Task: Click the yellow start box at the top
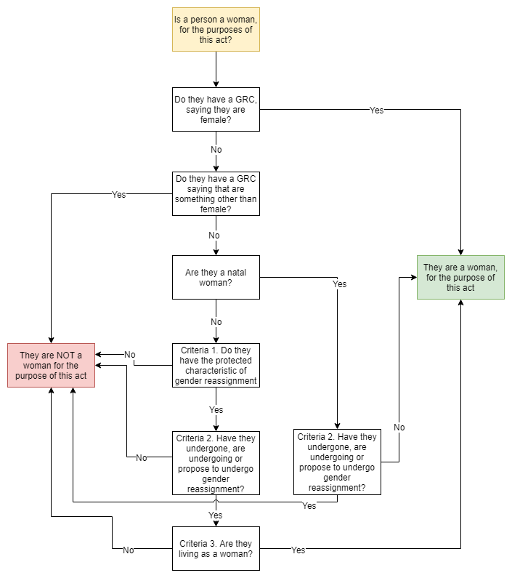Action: (216, 29)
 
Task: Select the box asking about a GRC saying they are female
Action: (216, 109)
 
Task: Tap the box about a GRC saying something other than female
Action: (216, 193)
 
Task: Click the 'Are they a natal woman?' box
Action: (216, 277)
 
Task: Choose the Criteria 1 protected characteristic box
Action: (216, 365)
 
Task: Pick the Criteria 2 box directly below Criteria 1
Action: (216, 462)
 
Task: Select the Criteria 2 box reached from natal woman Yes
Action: (337, 462)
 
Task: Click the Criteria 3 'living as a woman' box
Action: (216, 548)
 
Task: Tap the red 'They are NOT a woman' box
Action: (52, 365)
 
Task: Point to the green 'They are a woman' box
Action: (460, 277)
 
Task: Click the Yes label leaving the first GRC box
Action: (376, 110)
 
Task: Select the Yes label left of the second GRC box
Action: (118, 194)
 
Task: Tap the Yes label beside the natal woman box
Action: (339, 284)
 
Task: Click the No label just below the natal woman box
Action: (216, 321)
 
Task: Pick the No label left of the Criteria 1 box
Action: (129, 354)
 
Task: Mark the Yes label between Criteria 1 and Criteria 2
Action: (216, 409)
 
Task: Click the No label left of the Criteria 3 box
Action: (128, 550)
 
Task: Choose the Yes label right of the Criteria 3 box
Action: (298, 550)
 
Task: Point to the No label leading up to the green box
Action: (399, 427)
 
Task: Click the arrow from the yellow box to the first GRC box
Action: (216, 69)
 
